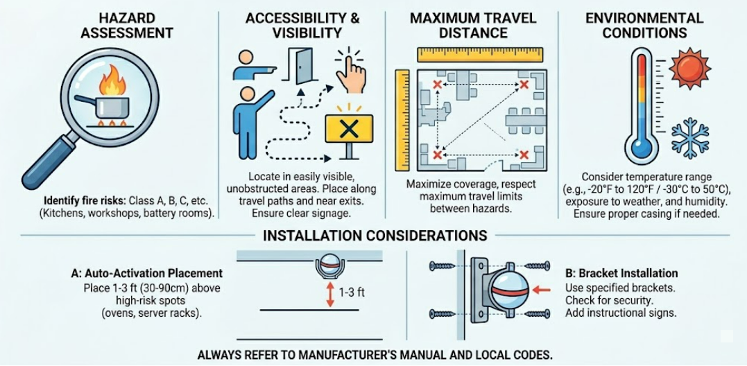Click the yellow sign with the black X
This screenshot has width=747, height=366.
pos(349,128)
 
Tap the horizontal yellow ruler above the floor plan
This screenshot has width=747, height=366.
pos(480,55)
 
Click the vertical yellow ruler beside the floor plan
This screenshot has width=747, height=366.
pos(402,120)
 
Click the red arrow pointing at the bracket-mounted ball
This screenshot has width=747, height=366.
pos(543,288)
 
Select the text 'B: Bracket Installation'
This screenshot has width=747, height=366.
pos(621,274)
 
